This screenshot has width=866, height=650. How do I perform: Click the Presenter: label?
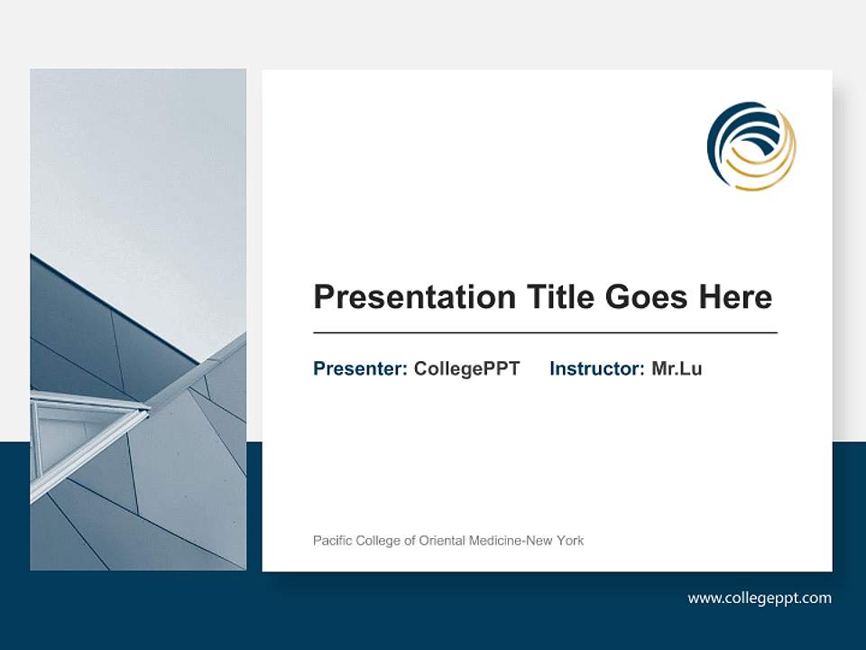360,368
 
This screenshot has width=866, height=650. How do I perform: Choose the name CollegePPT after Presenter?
466,368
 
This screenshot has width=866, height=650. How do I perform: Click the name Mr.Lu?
677,368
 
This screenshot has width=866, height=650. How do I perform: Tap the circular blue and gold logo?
751,146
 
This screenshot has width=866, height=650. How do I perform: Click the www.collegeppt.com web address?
760,598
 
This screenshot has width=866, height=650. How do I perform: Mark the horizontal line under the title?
545,333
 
